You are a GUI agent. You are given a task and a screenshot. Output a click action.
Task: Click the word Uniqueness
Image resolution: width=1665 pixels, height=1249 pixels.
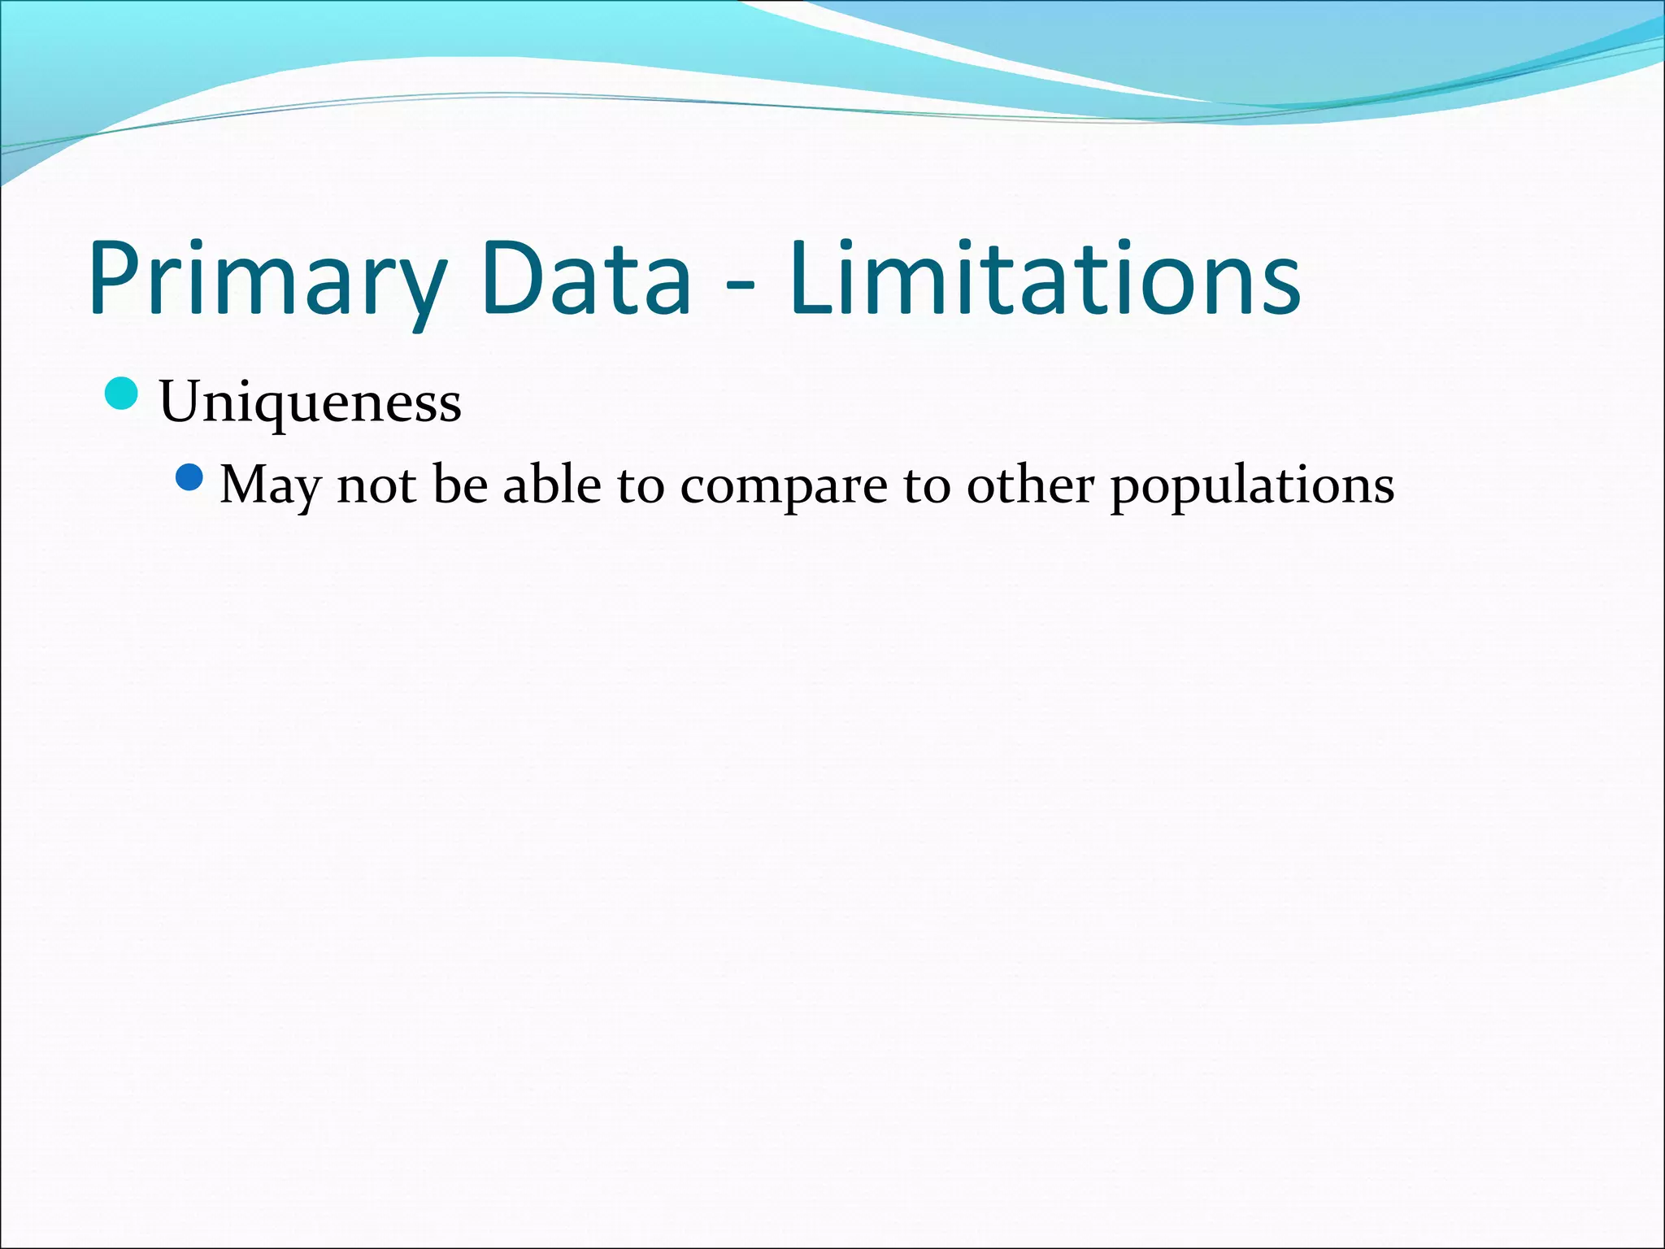[310, 402]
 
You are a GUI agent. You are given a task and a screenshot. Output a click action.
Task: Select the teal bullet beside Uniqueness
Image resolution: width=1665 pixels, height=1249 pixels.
[122, 394]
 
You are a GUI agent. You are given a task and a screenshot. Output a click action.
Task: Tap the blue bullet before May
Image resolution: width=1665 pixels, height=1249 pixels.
[189, 477]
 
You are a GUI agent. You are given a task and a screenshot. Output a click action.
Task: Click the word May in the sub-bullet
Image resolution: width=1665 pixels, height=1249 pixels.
[271, 486]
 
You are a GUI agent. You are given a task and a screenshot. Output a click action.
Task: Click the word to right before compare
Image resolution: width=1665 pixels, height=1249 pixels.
[640, 485]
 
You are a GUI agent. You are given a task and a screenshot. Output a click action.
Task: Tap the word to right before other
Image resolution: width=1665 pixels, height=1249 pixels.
[926, 485]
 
